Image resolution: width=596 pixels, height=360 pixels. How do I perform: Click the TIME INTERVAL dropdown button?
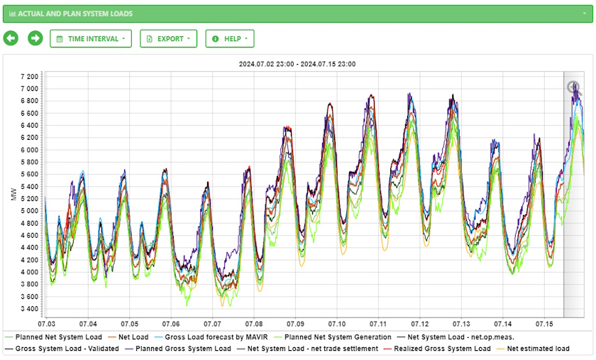tap(91, 38)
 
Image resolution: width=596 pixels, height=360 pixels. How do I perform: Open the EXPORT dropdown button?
tap(168, 38)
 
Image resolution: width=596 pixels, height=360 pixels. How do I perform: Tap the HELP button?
tap(230, 38)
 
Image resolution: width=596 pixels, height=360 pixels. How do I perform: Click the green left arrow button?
tap(11, 38)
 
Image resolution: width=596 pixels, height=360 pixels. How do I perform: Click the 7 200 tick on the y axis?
tap(29, 77)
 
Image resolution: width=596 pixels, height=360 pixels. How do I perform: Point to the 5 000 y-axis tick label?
tap(29, 211)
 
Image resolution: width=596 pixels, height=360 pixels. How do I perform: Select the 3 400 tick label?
tap(29, 309)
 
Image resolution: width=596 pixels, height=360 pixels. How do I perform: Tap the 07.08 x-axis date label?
tap(253, 324)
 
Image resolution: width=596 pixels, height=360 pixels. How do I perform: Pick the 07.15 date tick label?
tap(544, 324)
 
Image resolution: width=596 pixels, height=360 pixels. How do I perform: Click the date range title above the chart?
tap(297, 64)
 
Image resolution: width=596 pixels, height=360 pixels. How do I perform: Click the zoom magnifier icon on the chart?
tap(573, 87)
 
